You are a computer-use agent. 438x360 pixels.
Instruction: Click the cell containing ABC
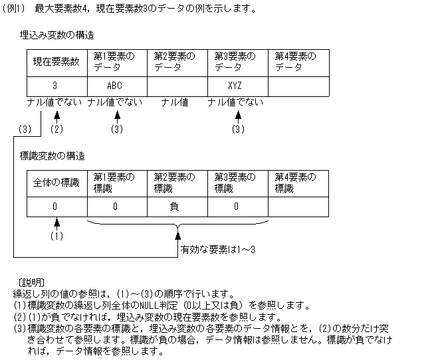point(117,86)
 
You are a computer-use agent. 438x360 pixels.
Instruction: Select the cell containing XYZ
point(237,86)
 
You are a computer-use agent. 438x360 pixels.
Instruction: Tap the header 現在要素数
point(56,62)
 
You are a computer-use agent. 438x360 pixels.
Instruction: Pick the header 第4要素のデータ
point(298,62)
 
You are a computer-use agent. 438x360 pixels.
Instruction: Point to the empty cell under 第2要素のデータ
point(177,86)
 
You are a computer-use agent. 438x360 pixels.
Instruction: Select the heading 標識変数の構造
point(53,156)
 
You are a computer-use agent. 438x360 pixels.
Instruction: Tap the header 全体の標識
point(56,183)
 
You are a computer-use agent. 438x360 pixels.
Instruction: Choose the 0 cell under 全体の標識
point(56,207)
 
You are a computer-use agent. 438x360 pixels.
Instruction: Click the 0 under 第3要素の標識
point(236,207)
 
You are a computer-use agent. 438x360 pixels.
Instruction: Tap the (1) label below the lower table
point(57,236)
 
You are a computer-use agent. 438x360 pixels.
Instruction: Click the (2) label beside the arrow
point(57,129)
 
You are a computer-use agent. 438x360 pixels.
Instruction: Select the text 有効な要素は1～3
point(218,250)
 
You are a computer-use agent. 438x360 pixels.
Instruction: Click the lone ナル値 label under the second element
point(175,102)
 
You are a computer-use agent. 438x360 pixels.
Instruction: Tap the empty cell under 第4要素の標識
point(298,207)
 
